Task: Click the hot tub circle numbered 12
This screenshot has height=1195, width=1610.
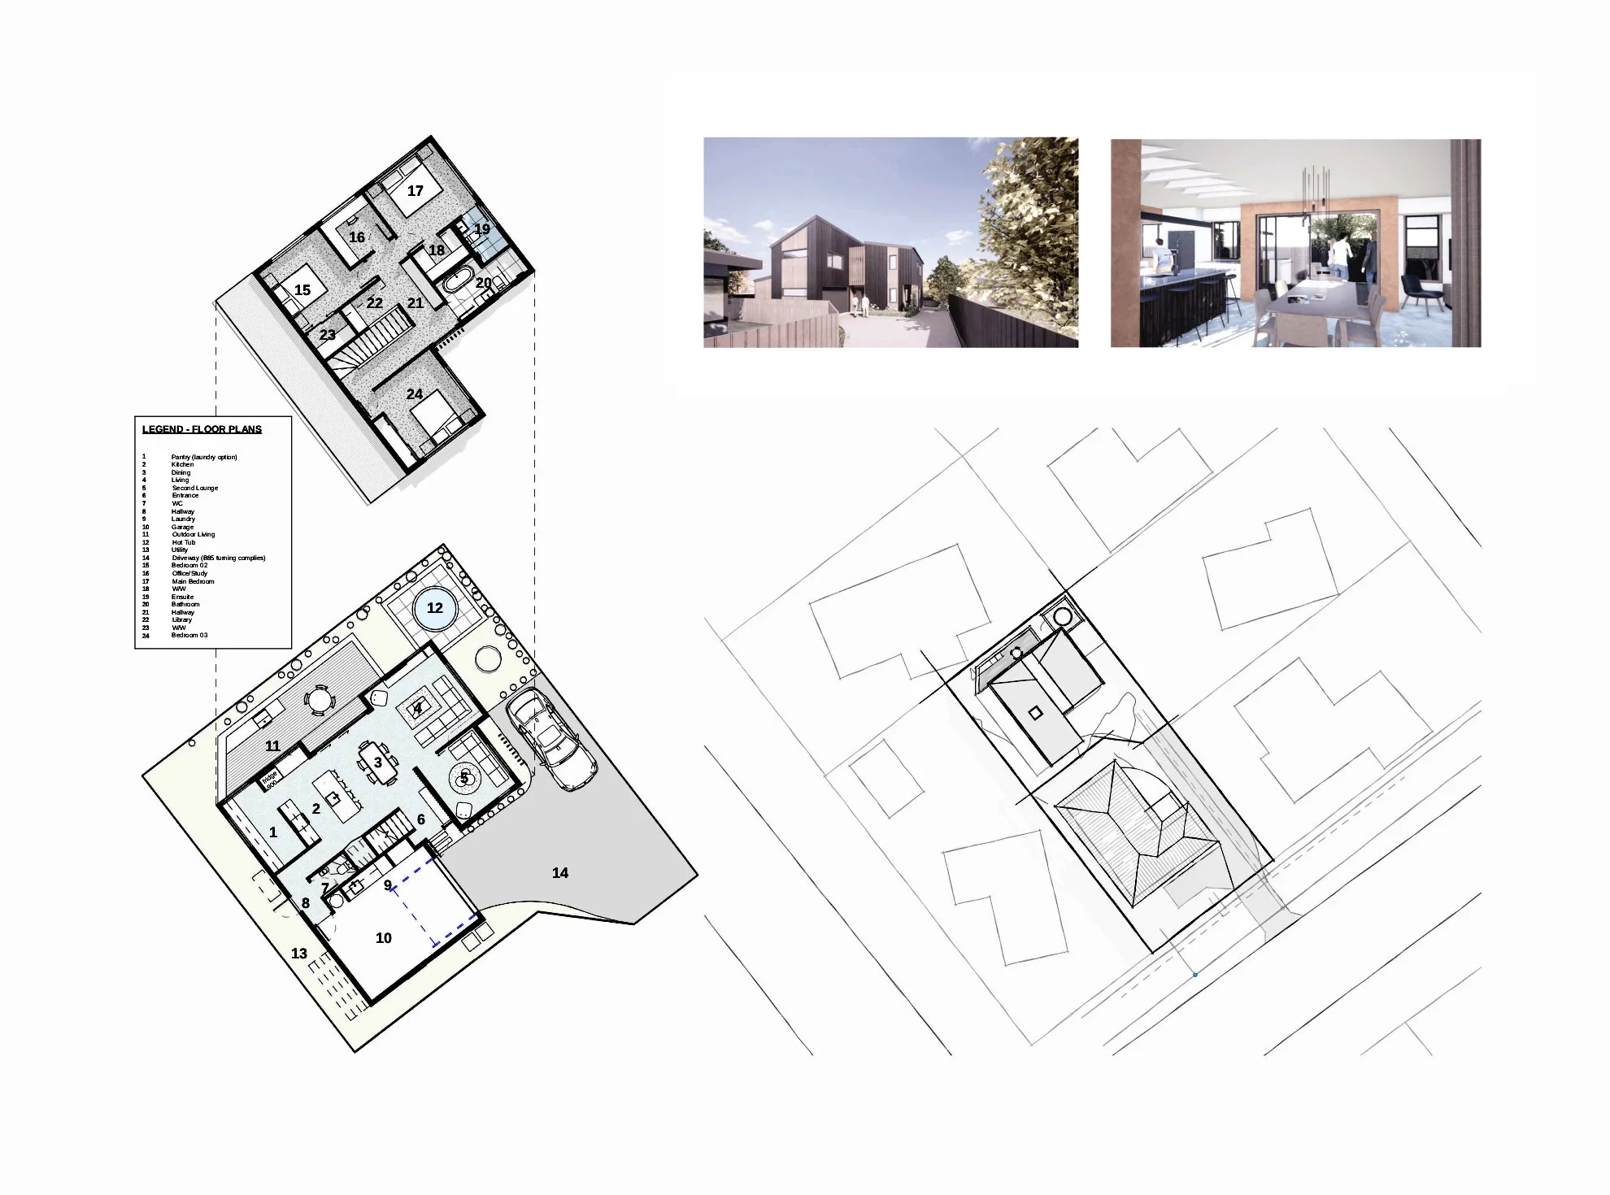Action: coord(435,608)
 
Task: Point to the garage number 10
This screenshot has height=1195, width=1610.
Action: coord(384,938)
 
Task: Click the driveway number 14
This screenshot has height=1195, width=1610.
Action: coord(560,873)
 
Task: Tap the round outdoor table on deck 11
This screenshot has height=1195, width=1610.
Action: coord(318,698)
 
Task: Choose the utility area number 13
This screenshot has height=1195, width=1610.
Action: coord(299,954)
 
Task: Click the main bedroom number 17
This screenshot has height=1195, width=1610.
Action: coord(416,191)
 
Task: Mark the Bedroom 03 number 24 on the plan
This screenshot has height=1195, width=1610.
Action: coord(415,394)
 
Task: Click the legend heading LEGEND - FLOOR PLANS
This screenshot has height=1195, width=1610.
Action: coord(202,429)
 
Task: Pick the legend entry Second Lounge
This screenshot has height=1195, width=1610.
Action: coord(194,488)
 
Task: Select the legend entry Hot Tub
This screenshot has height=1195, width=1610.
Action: coord(183,542)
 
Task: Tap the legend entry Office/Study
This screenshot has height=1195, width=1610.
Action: coord(189,573)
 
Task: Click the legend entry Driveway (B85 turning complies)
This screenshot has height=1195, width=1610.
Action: coord(218,558)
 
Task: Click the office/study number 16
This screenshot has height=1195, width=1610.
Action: coord(357,237)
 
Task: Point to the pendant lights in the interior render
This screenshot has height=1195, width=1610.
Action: coord(1316,191)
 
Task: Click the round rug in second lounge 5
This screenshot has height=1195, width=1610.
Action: coord(464,778)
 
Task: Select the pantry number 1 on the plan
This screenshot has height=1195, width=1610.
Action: coord(273,832)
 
